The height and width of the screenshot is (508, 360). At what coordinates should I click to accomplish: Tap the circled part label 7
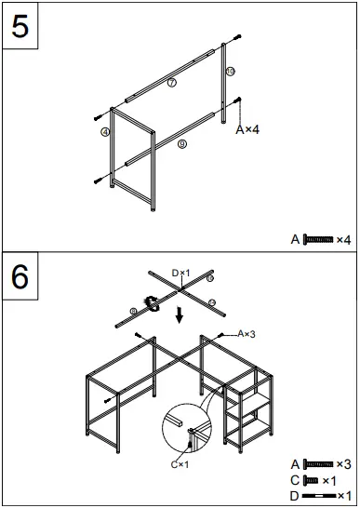tap(172, 83)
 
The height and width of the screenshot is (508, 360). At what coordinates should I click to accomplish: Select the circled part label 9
tap(180, 144)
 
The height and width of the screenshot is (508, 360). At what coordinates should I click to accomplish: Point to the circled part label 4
tap(106, 133)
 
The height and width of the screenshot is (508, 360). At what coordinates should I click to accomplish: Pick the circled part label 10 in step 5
tap(230, 71)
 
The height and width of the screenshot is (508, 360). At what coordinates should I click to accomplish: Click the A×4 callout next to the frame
tap(247, 129)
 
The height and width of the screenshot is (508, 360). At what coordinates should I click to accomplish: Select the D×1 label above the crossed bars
tap(180, 272)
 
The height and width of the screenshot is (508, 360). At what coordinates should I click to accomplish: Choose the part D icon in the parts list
tap(316, 496)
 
